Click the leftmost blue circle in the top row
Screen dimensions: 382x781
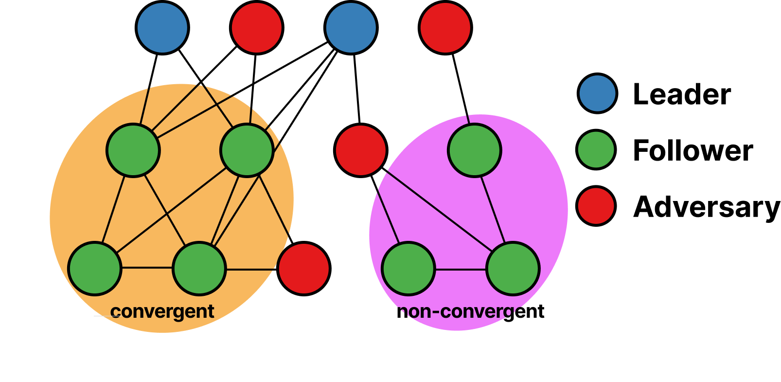162,28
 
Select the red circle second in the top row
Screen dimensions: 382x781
257,28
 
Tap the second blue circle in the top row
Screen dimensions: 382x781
351,28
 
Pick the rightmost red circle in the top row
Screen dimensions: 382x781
445,28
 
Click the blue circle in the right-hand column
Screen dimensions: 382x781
597,93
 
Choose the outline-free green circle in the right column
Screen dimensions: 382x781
596,150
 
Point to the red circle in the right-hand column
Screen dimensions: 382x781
596,206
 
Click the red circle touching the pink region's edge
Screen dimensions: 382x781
361,150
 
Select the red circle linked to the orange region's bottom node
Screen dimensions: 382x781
304,269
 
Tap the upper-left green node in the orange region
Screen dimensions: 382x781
133,150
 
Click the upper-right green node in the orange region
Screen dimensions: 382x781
247,150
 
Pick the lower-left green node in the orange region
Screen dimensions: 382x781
95,269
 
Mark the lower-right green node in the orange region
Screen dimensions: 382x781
199,269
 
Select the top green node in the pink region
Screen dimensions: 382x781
475,150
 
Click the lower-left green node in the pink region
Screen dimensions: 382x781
408,269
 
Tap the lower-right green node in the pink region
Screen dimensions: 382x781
513,269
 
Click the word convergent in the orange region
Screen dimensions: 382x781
162,311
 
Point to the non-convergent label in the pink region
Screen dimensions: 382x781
460,311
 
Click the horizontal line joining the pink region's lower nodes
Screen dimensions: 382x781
461,269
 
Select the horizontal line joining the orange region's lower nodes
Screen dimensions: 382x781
147,268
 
